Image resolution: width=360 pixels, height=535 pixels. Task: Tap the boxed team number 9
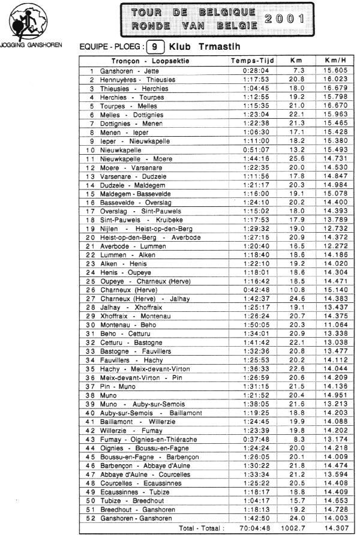155,46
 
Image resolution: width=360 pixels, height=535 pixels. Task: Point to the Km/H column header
335,61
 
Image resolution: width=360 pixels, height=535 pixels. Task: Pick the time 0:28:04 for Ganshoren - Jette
252,71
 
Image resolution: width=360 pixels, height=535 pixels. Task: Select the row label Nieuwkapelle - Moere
136,159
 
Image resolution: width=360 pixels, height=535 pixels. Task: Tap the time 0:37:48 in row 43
252,439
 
